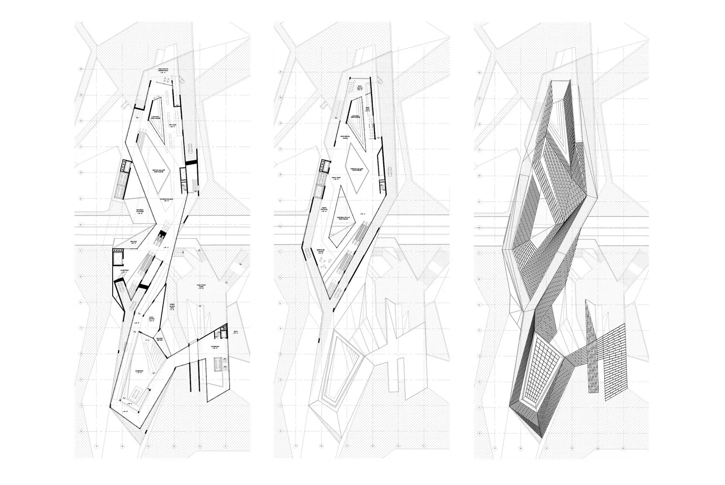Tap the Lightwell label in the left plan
(x=156, y=117)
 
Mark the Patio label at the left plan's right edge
(x=236, y=331)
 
